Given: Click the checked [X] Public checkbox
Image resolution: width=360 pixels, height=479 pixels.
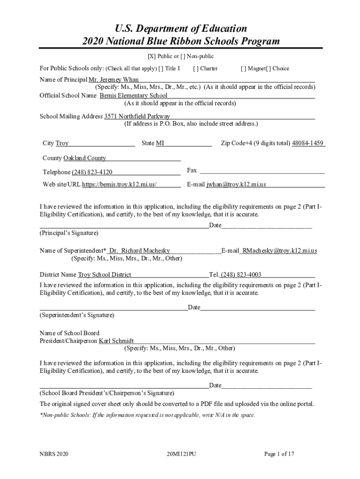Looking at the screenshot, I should coord(152,57).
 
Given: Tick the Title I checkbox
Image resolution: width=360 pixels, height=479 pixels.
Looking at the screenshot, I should coord(161,68).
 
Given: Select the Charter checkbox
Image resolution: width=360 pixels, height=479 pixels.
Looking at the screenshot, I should coord(195,68).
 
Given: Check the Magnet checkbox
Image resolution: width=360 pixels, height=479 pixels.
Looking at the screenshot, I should coord(243,68).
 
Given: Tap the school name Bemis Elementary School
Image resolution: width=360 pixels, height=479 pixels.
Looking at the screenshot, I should coord(133,95).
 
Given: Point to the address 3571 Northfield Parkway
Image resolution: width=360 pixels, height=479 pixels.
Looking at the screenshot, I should coord(137,116).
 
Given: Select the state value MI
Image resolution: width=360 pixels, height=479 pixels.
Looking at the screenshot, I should coord(160,143).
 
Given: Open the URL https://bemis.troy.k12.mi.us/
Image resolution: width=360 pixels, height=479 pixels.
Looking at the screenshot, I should coord(119,184).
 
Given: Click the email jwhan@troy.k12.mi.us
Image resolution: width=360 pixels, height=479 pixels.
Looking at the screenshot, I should coord(236,184).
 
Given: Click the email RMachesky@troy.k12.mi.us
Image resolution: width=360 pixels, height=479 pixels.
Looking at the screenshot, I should coord(279,251).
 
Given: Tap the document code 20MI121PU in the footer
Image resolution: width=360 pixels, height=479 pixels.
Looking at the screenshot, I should coord(180,454).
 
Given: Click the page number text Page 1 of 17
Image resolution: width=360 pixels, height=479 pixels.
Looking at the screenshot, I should coord(279,454).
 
